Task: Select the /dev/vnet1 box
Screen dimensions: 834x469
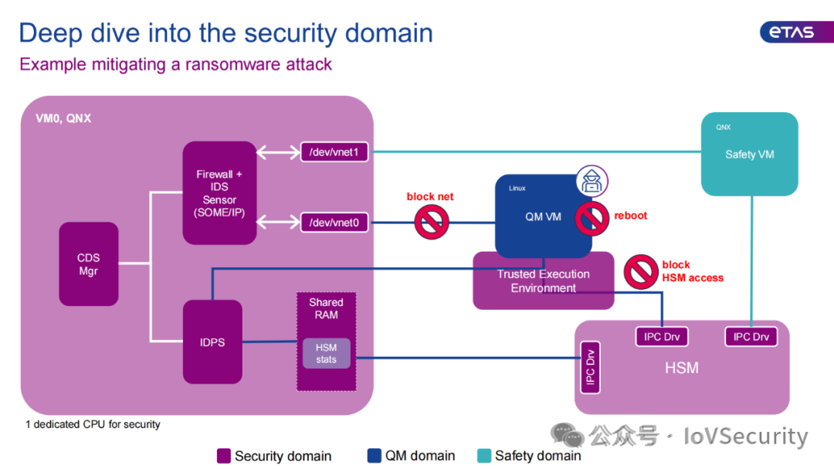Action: (334, 152)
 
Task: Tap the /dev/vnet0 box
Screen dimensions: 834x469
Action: (334, 223)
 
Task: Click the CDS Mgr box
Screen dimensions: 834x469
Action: (89, 264)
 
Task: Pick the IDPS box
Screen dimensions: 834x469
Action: (213, 342)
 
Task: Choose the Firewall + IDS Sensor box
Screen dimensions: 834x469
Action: (219, 192)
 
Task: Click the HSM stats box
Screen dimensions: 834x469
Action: (327, 353)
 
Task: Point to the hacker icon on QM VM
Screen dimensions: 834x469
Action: (592, 181)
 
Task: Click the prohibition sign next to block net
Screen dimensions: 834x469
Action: (432, 222)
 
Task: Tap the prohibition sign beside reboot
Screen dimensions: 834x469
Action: (592, 218)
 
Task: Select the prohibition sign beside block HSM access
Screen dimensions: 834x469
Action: (641, 272)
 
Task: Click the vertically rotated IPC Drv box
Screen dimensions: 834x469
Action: (591, 367)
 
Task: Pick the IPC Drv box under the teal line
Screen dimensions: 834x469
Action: (751, 336)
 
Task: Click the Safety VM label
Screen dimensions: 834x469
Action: (749, 155)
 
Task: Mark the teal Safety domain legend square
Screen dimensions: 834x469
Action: (484, 456)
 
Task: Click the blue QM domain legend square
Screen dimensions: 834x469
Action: (375, 456)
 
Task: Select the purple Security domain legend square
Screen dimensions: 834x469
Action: (224, 456)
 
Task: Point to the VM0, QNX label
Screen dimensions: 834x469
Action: (63, 118)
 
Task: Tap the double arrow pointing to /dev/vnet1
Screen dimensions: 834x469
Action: (279, 152)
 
